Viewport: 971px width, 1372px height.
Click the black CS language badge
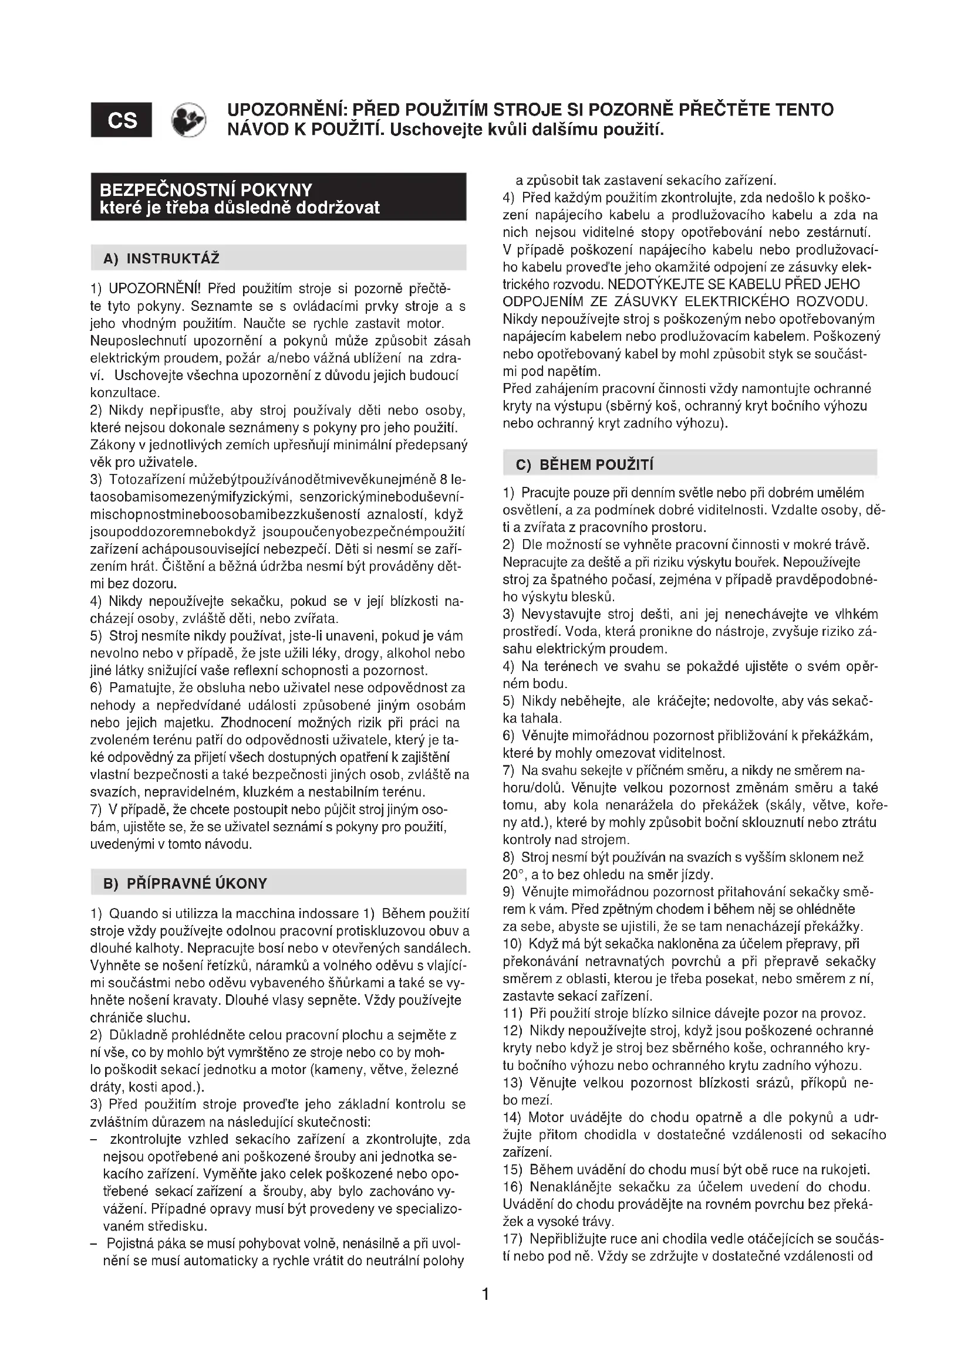tap(122, 120)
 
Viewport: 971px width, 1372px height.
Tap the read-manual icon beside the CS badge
tap(188, 120)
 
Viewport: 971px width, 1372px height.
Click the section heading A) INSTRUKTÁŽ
tap(161, 259)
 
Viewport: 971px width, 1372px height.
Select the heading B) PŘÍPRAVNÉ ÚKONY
tap(186, 883)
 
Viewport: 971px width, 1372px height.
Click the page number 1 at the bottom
tap(485, 1295)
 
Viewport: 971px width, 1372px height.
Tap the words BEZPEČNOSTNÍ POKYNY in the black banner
tap(206, 190)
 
